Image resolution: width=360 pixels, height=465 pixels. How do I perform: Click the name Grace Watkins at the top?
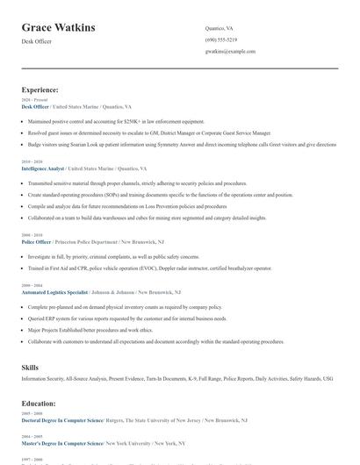point(58,28)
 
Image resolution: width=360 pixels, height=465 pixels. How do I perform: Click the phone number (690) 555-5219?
point(221,39)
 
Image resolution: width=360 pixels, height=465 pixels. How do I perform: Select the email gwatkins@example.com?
point(230,51)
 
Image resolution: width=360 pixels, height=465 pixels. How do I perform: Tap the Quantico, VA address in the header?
point(220,28)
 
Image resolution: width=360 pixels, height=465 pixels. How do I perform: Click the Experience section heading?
point(40,89)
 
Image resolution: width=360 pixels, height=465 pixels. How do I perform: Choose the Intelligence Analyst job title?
point(43,168)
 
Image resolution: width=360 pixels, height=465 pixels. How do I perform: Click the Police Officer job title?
point(37,240)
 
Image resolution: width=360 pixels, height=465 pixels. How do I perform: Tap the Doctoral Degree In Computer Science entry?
point(62,420)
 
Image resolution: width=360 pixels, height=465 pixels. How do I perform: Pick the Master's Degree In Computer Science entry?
point(61,444)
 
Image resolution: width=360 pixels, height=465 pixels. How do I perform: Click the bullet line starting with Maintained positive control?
point(116,121)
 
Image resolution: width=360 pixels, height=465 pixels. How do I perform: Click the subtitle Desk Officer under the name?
point(37,42)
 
